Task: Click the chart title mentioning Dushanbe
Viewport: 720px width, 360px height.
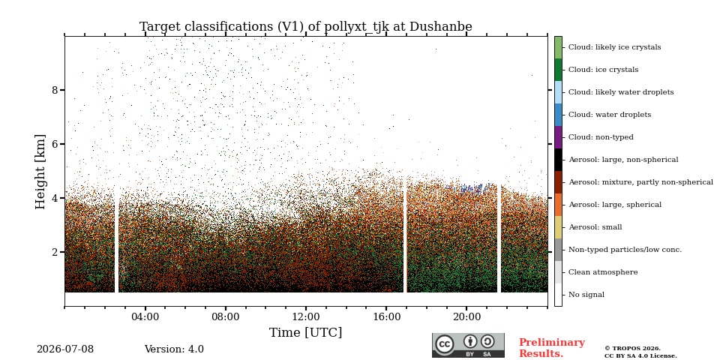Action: pyautogui.click(x=306, y=27)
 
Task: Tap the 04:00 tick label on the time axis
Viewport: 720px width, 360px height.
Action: pyautogui.click(x=145, y=317)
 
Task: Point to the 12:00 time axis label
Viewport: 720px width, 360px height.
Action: pyautogui.click(x=306, y=317)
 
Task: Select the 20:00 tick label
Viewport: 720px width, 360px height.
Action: pyautogui.click(x=466, y=317)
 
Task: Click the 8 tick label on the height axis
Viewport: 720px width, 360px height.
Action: pyautogui.click(x=55, y=90)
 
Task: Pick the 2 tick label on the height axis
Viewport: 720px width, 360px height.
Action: pyautogui.click(x=55, y=252)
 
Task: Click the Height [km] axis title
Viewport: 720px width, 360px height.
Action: pyautogui.click(x=40, y=172)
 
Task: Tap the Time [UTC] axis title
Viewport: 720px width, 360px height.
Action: pyautogui.click(x=306, y=332)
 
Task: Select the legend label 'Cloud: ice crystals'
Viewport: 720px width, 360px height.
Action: pyautogui.click(x=603, y=70)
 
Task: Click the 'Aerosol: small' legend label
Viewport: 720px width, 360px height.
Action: pyautogui.click(x=595, y=227)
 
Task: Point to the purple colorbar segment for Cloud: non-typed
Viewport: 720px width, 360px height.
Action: pyautogui.click(x=558, y=137)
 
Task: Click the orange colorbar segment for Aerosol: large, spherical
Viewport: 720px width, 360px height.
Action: pyautogui.click(x=558, y=205)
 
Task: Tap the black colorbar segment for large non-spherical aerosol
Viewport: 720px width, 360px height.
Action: pyautogui.click(x=558, y=160)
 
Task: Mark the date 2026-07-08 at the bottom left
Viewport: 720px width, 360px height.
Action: pyautogui.click(x=65, y=349)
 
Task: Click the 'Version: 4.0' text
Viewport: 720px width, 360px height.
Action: pyautogui.click(x=174, y=349)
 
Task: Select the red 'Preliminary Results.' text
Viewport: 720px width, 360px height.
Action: pyautogui.click(x=552, y=348)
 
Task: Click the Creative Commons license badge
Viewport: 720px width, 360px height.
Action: pyautogui.click(x=468, y=345)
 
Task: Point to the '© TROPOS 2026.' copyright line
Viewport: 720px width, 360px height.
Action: pyautogui.click(x=633, y=349)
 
